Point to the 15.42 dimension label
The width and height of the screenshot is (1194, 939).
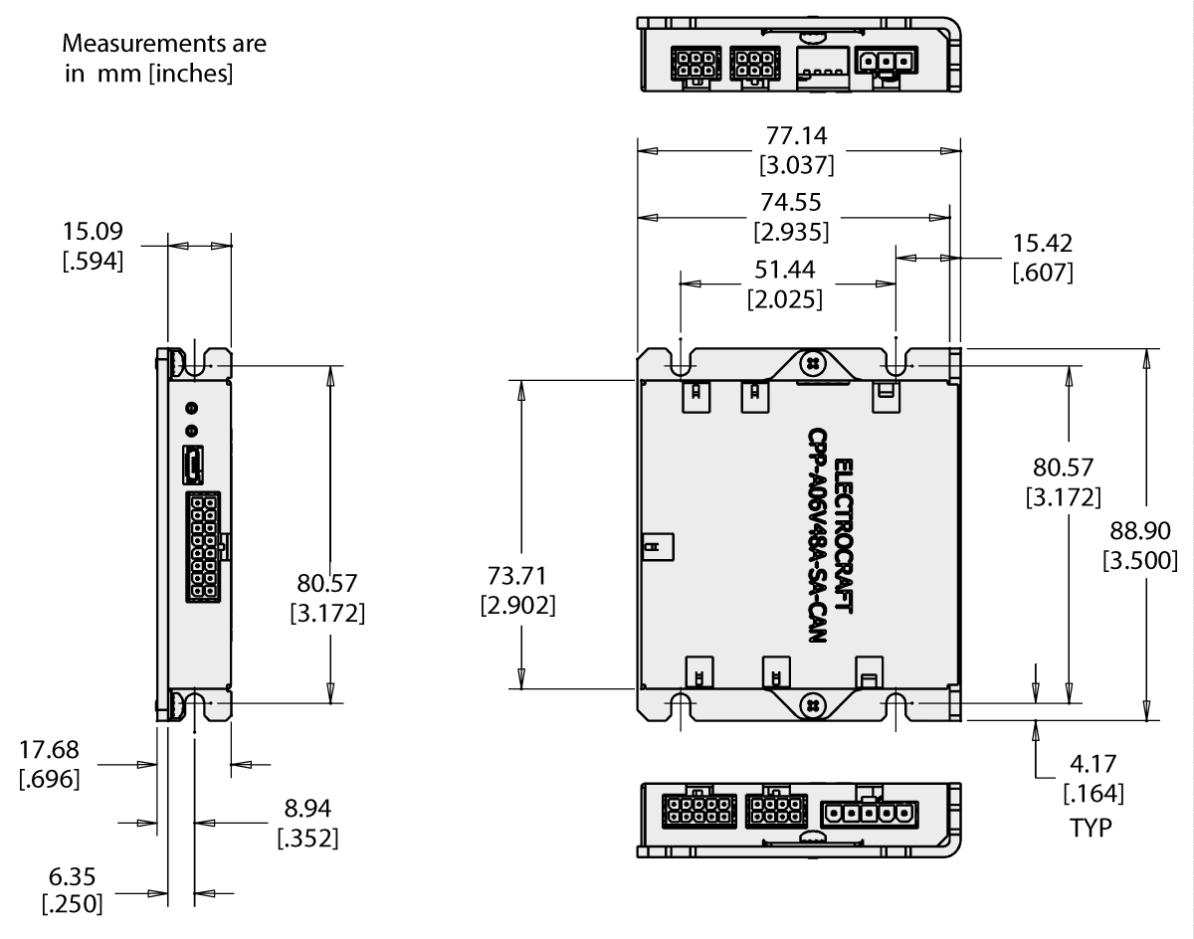click(x=1042, y=244)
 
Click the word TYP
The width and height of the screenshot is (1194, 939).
click(x=1091, y=827)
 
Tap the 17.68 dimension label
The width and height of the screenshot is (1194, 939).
click(x=50, y=750)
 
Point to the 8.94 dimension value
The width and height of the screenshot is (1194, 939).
click(x=306, y=807)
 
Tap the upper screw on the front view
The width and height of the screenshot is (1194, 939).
click(x=813, y=364)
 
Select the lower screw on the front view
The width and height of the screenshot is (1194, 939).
click(x=813, y=704)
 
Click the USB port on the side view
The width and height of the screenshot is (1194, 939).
click(x=192, y=464)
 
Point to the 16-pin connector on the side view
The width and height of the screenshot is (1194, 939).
click(x=202, y=545)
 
